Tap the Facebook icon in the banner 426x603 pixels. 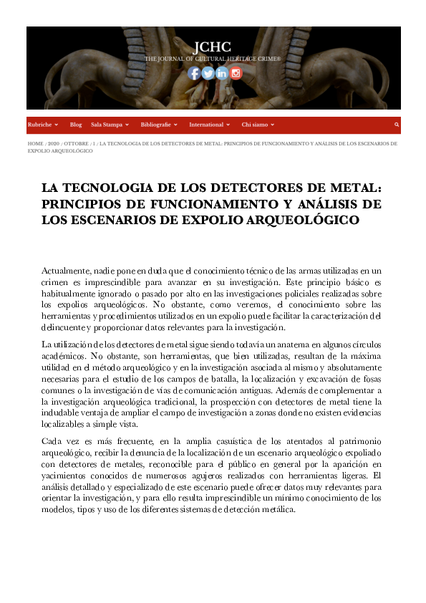[x=194, y=72]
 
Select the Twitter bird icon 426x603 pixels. [x=208, y=72]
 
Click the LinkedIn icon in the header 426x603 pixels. [x=221, y=72]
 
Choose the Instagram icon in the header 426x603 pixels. [x=236, y=72]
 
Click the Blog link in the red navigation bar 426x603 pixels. [x=76, y=125]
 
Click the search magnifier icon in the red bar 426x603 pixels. [x=396, y=125]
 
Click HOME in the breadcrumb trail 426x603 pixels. [x=35, y=144]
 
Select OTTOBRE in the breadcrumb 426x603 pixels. [x=76, y=144]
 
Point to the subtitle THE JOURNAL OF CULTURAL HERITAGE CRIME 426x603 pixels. [x=213, y=58]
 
